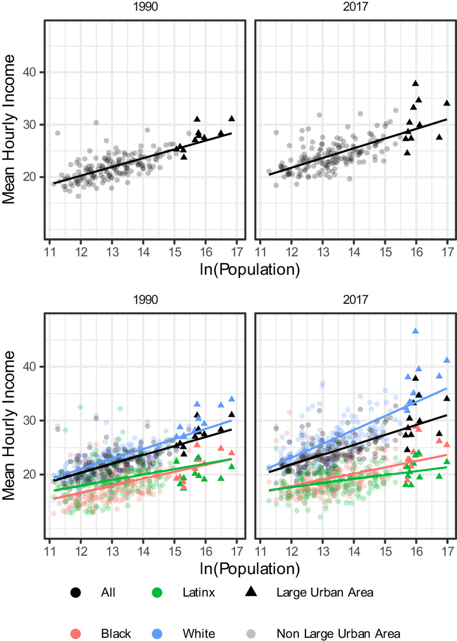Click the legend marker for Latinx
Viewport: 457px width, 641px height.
point(157,593)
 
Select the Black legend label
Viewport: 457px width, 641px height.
point(116,634)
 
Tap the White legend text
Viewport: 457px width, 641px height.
point(199,634)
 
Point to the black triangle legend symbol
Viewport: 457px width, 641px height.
point(251,592)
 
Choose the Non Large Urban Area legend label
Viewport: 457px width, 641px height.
point(338,634)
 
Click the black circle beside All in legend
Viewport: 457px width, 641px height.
point(75,593)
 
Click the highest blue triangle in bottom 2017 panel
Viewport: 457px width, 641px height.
point(415,331)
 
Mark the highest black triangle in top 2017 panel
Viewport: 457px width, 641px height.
point(415,83)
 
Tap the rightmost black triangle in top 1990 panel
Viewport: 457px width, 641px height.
point(231,118)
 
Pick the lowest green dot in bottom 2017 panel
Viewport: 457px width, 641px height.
point(320,517)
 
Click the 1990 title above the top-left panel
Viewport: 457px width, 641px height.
point(145,7)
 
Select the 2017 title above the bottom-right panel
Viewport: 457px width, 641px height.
point(355,300)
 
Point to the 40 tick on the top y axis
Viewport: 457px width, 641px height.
point(29,72)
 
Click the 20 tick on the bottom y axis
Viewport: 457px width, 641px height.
point(29,474)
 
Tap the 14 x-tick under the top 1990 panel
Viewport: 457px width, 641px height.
point(143,252)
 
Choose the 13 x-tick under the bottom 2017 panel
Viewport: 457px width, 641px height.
point(323,551)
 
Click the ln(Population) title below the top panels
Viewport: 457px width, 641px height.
point(250,270)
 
